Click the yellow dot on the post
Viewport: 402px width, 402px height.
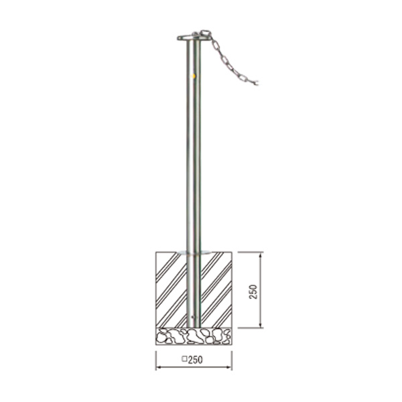click(x=194, y=76)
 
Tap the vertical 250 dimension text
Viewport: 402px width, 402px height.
click(x=253, y=291)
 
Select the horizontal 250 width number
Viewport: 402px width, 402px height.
click(x=196, y=360)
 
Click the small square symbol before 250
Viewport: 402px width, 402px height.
click(x=184, y=359)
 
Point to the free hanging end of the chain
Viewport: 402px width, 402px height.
click(x=256, y=83)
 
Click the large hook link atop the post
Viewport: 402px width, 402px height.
click(x=206, y=33)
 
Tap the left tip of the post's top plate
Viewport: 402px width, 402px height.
click(x=178, y=38)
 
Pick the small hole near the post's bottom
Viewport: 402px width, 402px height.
click(x=193, y=317)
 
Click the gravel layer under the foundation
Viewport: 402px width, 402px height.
click(x=194, y=336)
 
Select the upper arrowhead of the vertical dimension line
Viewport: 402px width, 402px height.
click(x=261, y=255)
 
